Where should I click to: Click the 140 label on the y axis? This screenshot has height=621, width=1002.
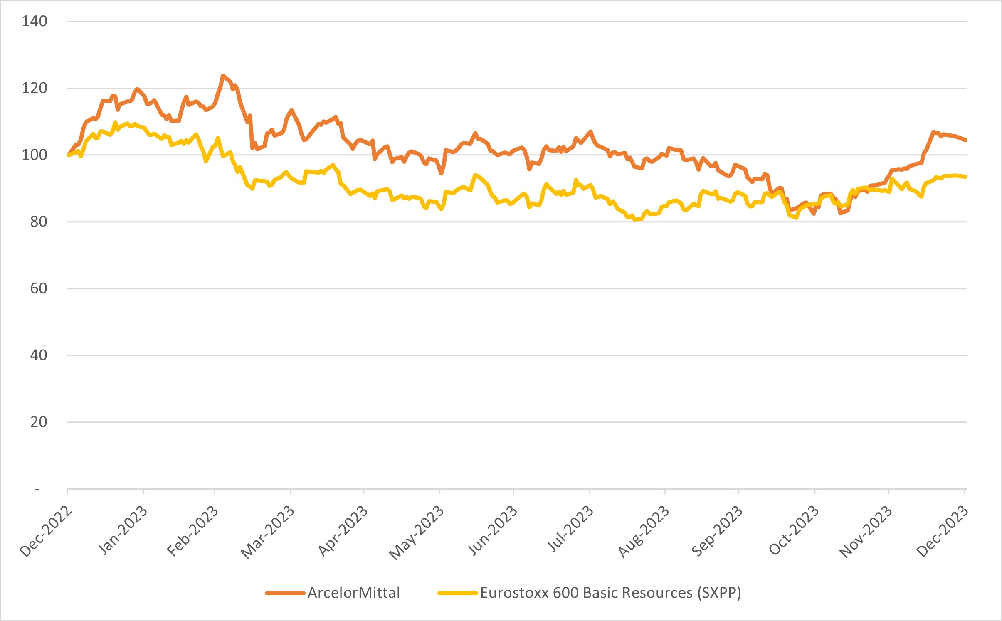(x=35, y=21)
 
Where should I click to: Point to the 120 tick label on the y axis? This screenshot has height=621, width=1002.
(x=35, y=88)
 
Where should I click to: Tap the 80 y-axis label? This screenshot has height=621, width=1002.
(x=38, y=222)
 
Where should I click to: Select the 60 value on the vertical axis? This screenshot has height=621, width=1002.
(x=38, y=288)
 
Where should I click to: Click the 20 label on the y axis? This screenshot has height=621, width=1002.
(x=38, y=422)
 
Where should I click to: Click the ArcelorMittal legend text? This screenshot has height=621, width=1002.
(x=354, y=593)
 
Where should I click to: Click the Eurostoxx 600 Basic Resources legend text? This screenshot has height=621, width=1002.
(x=610, y=593)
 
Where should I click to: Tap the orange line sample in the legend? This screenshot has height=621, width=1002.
(x=285, y=593)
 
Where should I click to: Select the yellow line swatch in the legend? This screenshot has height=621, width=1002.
(x=457, y=593)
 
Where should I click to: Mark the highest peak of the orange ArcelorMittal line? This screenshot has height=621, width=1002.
(x=223, y=76)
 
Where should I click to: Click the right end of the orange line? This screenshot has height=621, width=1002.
(x=966, y=140)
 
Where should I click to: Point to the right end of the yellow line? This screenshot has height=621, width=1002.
(x=966, y=177)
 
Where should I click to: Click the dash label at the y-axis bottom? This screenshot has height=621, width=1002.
(x=37, y=490)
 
